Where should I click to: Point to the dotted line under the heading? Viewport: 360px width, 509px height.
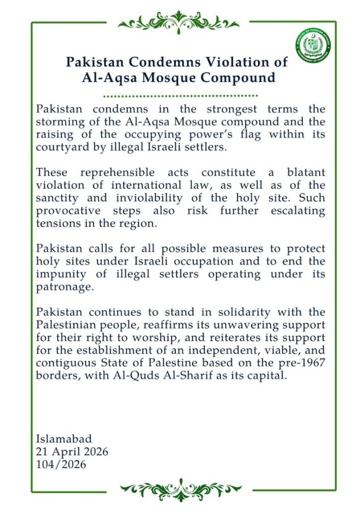pyautogui.click(x=181, y=96)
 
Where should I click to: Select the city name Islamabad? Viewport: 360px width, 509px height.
pyautogui.click(x=64, y=439)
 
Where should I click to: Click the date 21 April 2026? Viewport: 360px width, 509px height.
pyautogui.click(x=72, y=452)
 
